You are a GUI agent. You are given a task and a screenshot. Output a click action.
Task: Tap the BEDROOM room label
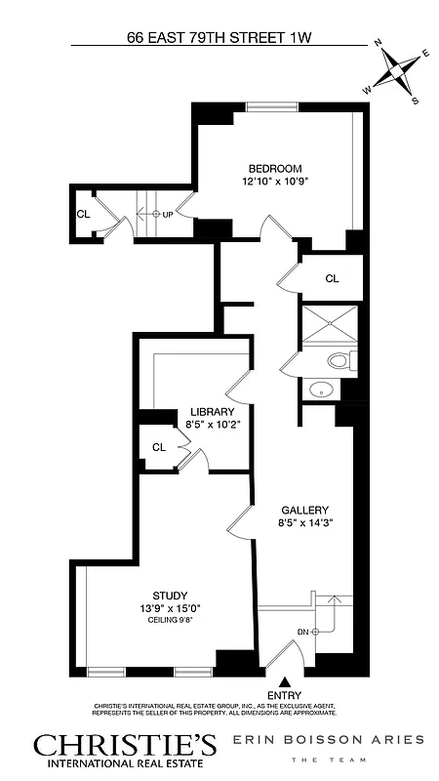(274, 168)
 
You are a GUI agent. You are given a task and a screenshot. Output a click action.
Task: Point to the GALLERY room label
(303, 510)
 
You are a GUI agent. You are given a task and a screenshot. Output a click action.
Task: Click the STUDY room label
(170, 596)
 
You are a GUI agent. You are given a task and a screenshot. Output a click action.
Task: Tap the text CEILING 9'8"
(170, 620)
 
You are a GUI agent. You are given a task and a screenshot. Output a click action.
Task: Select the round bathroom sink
(320, 390)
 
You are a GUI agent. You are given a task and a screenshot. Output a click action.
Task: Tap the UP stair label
(169, 214)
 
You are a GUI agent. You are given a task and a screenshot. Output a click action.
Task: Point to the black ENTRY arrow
(285, 682)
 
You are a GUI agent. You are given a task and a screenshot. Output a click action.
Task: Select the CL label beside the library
(158, 447)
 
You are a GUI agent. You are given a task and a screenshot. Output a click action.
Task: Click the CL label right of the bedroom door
(332, 278)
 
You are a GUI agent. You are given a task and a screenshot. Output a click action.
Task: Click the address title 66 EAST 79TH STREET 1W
(224, 39)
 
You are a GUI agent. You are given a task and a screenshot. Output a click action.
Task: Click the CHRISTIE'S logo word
(125, 746)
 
